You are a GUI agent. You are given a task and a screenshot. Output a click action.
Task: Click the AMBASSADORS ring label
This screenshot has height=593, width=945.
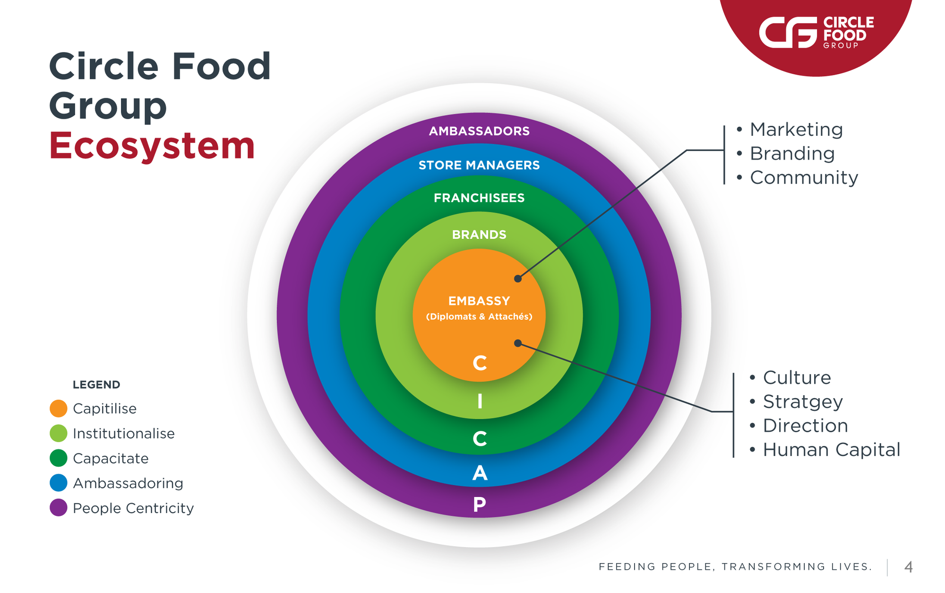coord(479,131)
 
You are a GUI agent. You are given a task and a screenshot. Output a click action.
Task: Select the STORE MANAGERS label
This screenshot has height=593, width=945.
coord(479,165)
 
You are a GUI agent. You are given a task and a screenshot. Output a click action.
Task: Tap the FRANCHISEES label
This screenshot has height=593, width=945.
coord(479,198)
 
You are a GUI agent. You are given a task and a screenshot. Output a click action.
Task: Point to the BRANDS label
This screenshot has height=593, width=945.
coord(479,235)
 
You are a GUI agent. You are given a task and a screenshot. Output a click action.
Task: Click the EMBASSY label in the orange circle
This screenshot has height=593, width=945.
coord(479,301)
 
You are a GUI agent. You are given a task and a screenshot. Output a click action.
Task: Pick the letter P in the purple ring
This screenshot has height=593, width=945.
coord(480,505)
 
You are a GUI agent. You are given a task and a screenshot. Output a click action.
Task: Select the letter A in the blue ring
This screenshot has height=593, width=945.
coord(480,473)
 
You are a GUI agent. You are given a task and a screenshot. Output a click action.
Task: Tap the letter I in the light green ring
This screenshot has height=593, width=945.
coord(480,401)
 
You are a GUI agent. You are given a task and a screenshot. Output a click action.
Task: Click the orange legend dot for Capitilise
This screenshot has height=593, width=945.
coord(59,409)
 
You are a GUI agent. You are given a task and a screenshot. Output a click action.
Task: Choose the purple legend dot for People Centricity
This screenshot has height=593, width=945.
coord(59,508)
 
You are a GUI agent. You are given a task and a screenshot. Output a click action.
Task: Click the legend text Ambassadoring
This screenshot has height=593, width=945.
coord(128,483)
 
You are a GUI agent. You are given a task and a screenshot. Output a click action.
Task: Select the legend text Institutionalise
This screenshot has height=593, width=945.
coord(124,434)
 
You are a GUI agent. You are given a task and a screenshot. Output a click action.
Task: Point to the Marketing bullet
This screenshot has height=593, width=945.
coord(796,130)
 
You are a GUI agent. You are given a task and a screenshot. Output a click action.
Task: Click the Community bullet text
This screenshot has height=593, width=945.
coord(804,178)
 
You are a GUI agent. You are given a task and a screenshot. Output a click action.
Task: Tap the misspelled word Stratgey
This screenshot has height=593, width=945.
coord(803,402)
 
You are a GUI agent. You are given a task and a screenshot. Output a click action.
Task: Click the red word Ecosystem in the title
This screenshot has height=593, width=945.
coord(152,146)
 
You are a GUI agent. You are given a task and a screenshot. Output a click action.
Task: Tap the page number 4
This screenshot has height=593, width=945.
coord(908,567)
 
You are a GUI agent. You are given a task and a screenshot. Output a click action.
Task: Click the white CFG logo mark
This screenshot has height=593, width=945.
coord(788,33)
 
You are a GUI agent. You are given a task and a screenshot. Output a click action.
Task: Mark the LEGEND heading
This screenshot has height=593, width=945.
coord(96,384)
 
